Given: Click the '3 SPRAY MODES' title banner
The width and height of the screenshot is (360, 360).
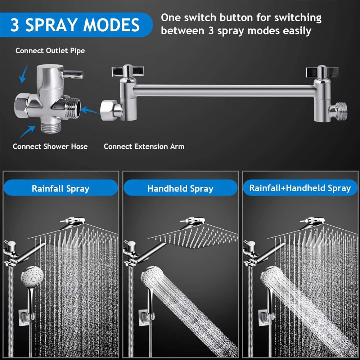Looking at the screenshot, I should coord(75,24).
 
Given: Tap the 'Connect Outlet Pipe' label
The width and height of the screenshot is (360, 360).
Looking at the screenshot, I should coord(50,51).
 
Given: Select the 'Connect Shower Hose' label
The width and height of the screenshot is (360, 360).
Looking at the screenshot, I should coord(50,147).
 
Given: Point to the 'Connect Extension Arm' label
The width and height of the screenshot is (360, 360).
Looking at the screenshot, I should coord(144,147).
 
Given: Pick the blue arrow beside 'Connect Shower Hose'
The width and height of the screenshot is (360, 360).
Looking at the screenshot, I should coord(27,132).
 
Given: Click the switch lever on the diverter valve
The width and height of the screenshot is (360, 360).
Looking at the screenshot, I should coord(74,73).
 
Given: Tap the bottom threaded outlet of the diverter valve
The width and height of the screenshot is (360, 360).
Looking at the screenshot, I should coord(49,127).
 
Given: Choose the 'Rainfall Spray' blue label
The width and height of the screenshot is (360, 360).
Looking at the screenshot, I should coord(60,188).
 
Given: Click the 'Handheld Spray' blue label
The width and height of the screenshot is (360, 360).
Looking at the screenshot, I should coord(180,188).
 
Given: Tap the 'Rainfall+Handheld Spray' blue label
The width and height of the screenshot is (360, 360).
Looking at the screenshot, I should coord(300,188).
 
